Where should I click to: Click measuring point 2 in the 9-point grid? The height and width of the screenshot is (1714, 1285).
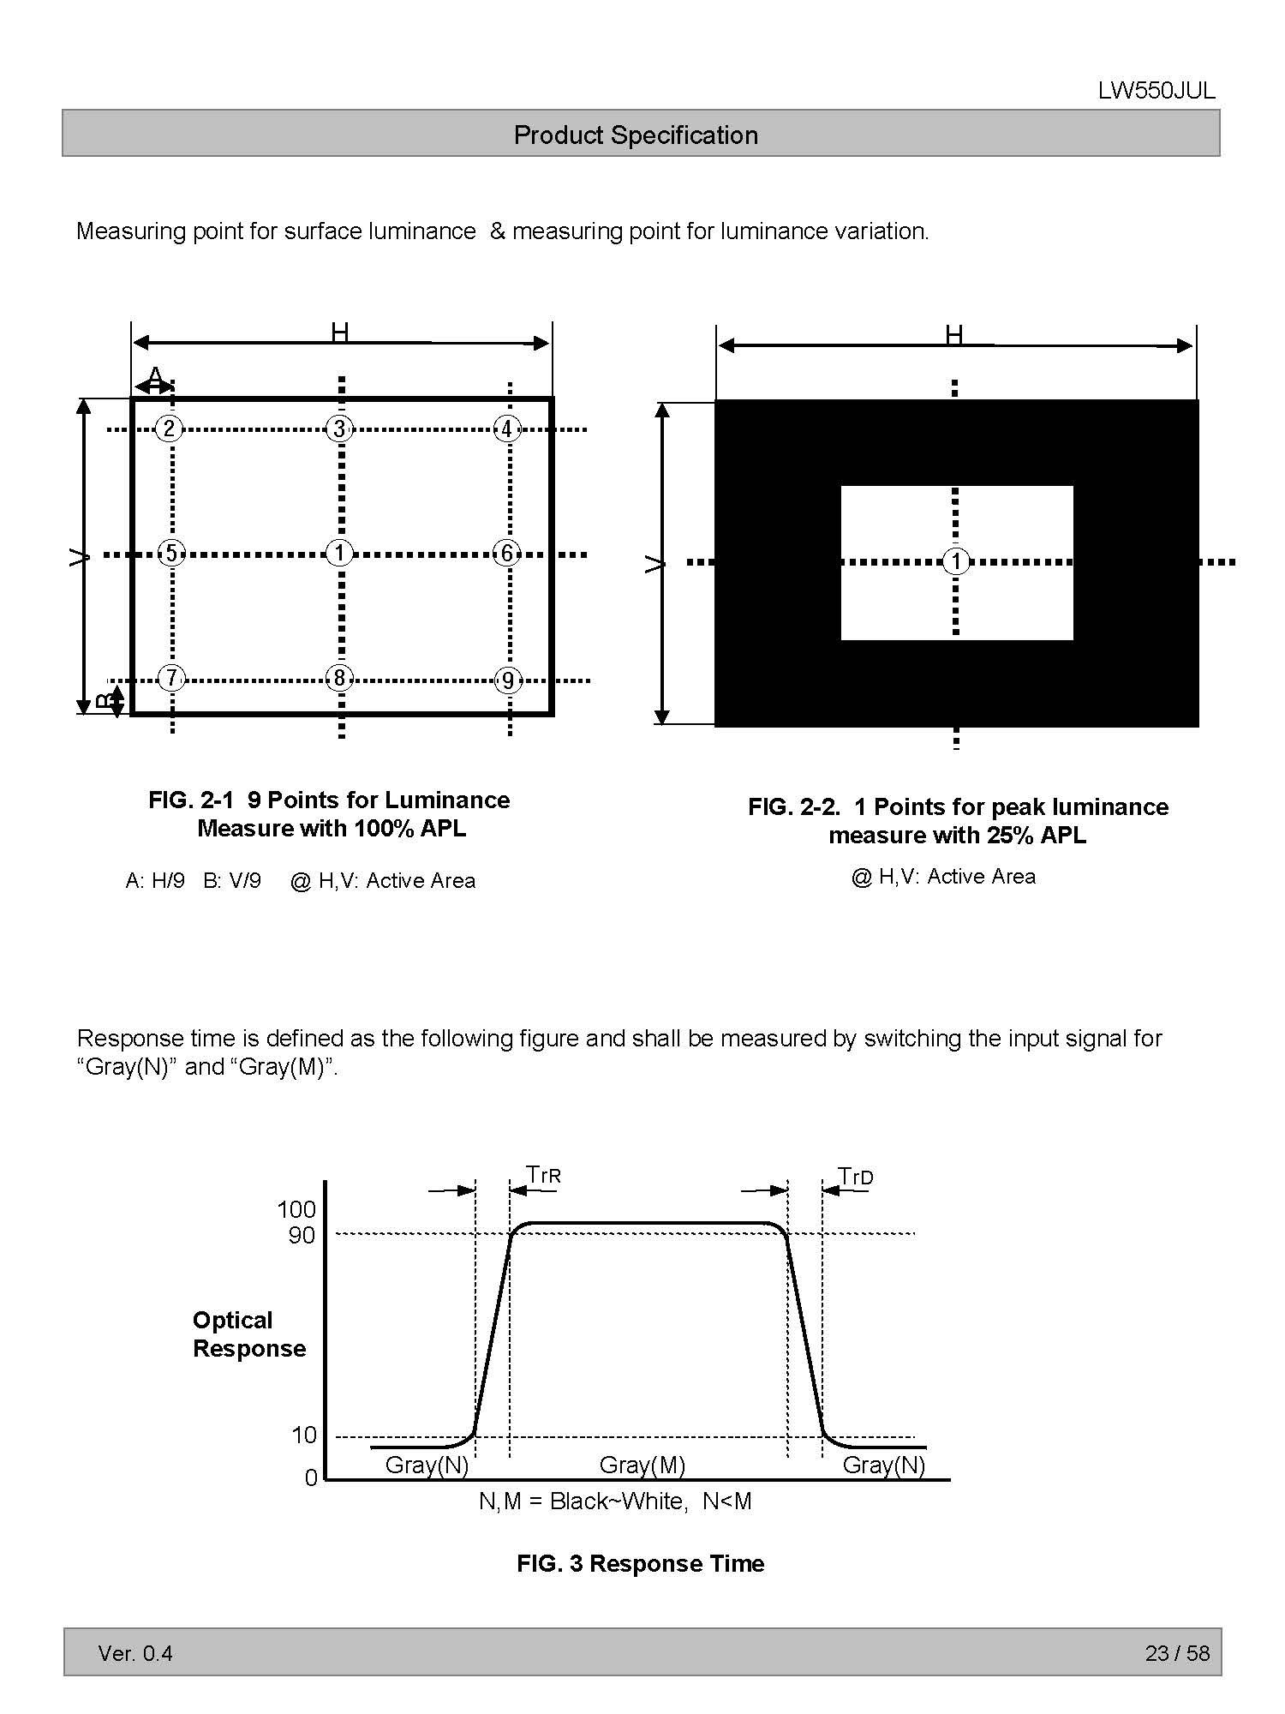coord(169,428)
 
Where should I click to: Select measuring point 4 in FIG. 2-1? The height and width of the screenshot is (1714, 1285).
coord(507,428)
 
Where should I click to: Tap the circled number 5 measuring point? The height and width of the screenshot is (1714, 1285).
coord(171,554)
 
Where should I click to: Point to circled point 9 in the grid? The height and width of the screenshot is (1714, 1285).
coord(508,680)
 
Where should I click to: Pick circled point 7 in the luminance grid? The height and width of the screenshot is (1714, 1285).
coord(171,679)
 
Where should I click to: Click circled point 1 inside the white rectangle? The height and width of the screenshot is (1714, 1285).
coord(956,561)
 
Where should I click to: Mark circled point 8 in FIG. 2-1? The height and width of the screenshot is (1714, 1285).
coord(339,679)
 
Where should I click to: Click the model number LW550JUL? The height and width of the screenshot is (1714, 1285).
coord(1156,92)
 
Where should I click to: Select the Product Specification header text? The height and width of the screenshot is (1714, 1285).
coord(636,135)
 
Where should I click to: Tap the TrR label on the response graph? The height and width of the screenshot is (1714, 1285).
coord(543,1175)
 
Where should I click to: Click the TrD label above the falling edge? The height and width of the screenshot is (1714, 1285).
coord(855,1177)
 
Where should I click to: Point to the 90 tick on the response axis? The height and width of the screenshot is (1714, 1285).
coord(302,1235)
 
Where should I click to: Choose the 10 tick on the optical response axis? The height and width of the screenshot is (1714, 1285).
coord(304,1435)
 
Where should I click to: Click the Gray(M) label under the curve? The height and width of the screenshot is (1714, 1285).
coord(642,1465)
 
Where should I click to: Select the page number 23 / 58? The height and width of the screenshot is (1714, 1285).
coord(1177,1652)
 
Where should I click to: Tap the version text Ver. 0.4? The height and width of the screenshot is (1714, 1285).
coord(135,1652)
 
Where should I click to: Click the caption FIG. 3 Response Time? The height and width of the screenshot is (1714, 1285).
coord(640,1563)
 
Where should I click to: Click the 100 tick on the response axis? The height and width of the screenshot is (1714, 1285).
coord(296,1209)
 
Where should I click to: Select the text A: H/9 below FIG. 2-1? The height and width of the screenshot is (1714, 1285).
coord(155,880)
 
